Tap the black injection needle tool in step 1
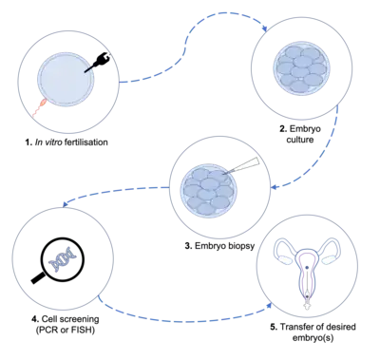[x=98, y=63]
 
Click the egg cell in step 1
[x=66, y=78]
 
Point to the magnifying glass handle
[x=38, y=278]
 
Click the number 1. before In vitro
[x=28, y=142]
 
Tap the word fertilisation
[x=85, y=142]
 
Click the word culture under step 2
[x=300, y=140]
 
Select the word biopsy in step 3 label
[x=240, y=246]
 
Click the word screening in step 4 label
[x=79, y=319]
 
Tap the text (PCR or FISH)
[x=65, y=330]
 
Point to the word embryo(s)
[x=313, y=338]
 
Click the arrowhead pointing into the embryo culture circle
[x=264, y=28]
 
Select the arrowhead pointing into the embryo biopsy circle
[x=275, y=187]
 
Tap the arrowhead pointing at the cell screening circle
[x=66, y=204]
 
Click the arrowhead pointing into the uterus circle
[x=269, y=305]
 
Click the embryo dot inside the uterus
[x=307, y=268]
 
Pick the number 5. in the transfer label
[x=274, y=327]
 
